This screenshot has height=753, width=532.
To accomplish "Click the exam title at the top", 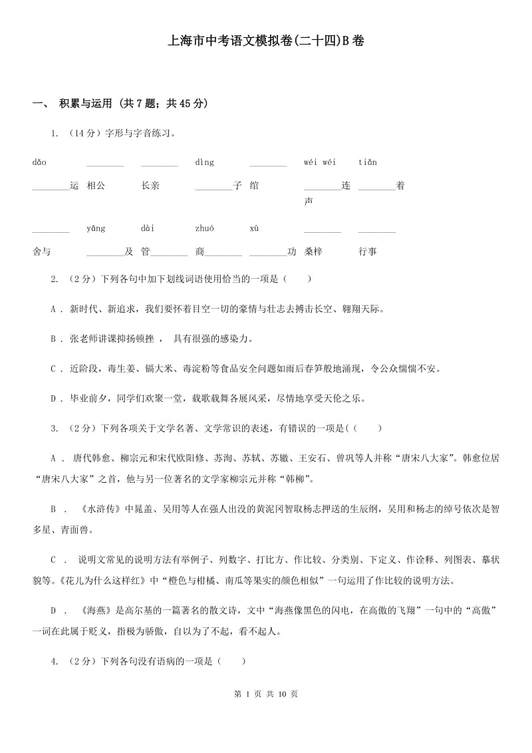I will pyautogui.click(x=266, y=41).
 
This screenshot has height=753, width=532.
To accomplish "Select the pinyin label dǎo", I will pyautogui.click(x=39, y=162).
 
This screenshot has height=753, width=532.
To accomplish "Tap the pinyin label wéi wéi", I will pyautogui.click(x=320, y=162).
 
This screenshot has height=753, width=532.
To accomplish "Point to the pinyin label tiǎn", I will pyautogui.click(x=368, y=162).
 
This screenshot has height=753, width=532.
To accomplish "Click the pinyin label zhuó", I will pyautogui.click(x=205, y=229).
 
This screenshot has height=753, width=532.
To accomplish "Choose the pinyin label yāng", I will pyautogui.click(x=96, y=229).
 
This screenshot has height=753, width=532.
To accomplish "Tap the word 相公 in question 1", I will pyautogui.click(x=96, y=186).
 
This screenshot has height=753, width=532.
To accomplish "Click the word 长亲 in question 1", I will pyautogui.click(x=150, y=186).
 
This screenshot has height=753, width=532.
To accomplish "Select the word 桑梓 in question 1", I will pyautogui.click(x=313, y=251).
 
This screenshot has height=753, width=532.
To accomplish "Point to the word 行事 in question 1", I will pyautogui.click(x=368, y=251).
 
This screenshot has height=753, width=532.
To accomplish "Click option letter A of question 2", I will pyautogui.click(x=53, y=309).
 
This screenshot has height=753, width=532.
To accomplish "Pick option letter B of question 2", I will pyautogui.click(x=53, y=339).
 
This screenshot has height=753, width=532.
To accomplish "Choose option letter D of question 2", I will pyautogui.click(x=53, y=398).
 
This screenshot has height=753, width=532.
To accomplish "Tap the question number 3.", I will pyautogui.click(x=54, y=428).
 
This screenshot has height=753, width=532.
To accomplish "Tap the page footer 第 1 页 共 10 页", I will pyautogui.click(x=266, y=694).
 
